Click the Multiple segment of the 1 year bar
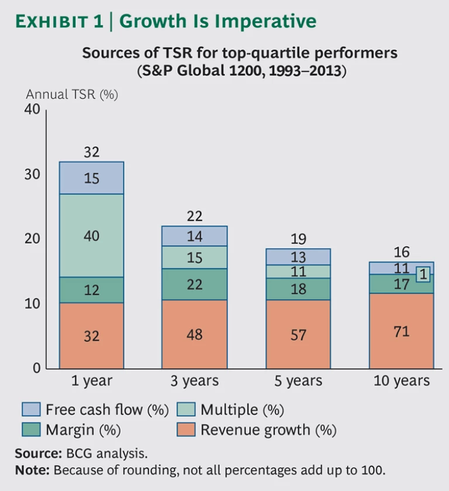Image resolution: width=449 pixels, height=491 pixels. point(91,236)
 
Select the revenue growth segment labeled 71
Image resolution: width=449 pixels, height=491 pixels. point(401,331)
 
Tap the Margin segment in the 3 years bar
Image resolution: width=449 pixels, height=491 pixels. point(195,284)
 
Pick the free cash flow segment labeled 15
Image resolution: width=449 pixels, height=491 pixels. point(91,178)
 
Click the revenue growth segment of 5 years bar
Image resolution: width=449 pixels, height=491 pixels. point(298,334)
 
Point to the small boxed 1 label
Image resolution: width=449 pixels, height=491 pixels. point(424,274)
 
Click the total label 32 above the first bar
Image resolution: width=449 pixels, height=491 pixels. point(91,153)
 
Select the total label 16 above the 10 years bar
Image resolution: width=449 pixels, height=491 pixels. point(401,253)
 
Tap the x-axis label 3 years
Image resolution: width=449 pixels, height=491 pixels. point(195,382)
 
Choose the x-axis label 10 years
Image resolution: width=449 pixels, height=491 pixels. point(401,382)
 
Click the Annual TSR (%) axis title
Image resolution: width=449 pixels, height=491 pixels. point(72,95)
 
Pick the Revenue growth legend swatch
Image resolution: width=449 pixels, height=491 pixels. point(185,430)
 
